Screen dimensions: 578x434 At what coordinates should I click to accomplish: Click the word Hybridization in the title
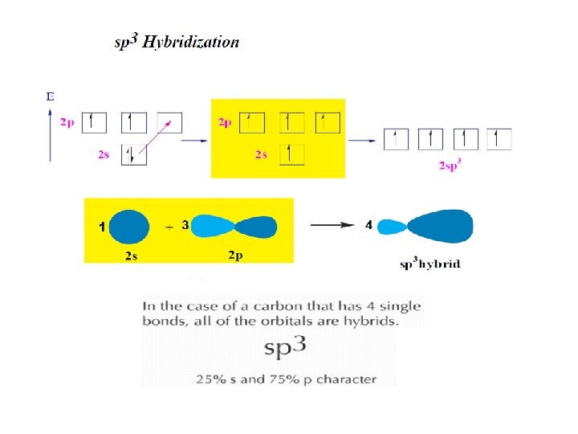[x=191, y=43]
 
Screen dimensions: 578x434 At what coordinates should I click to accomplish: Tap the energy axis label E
[x=51, y=96]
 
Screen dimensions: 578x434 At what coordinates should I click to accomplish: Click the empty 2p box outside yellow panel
[x=169, y=122]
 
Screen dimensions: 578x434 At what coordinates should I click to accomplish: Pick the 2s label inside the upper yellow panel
[x=261, y=154]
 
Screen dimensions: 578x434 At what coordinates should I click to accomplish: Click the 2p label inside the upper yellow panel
[x=225, y=122]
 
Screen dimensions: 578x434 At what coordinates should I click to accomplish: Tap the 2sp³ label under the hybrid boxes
[x=450, y=166]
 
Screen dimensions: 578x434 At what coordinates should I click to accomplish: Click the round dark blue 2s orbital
[x=129, y=227]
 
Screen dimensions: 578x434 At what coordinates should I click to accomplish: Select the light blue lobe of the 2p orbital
[x=211, y=227]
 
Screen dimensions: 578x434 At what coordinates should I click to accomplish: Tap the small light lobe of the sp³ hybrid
[x=391, y=227]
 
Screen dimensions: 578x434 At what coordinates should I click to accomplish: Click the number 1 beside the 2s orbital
[x=101, y=227]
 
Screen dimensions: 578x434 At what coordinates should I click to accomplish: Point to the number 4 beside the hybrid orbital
[x=368, y=226]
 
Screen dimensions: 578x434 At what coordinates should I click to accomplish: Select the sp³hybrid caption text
[x=430, y=264]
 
